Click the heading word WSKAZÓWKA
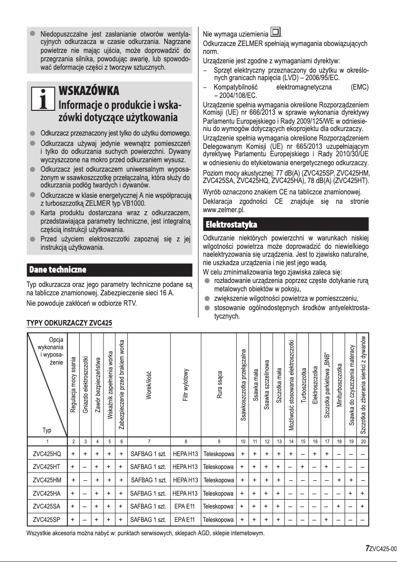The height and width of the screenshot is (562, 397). (89, 92)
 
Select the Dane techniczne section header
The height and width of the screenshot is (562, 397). (58, 270)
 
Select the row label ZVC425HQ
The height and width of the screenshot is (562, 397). (47, 453)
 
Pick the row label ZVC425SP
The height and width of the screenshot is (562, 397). (47, 520)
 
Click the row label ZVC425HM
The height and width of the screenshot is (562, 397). (47, 480)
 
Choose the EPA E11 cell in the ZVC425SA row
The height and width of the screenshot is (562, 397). (186, 507)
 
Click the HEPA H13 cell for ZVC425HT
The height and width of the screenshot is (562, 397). (186, 467)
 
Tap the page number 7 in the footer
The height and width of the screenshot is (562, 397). (367, 548)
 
